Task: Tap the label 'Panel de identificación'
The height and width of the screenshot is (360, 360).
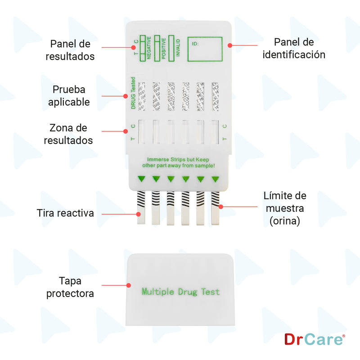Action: (x=294, y=48)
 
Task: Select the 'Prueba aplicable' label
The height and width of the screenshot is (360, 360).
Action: (x=71, y=95)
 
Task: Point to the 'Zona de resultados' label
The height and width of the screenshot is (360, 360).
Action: (x=68, y=134)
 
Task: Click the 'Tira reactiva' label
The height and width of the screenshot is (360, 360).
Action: (x=65, y=213)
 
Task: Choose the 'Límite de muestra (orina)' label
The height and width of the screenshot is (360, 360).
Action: (x=284, y=208)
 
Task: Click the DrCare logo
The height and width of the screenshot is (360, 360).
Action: (x=315, y=339)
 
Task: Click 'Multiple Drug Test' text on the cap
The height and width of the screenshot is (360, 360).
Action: (x=181, y=292)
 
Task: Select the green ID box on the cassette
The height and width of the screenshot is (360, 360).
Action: (x=205, y=49)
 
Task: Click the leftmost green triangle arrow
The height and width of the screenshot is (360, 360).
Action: (x=141, y=180)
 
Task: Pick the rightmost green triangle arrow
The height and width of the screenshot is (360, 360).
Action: (x=215, y=180)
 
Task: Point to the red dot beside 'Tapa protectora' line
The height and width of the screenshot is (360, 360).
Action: (x=129, y=285)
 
